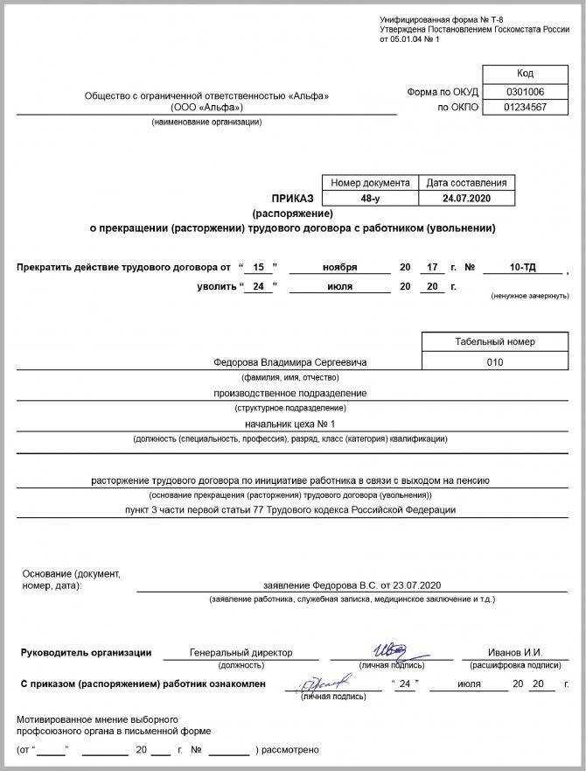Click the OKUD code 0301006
pyautogui.click(x=525, y=91)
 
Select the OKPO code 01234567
pyautogui.click(x=525, y=107)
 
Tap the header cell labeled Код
pyautogui.click(x=525, y=74)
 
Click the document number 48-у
pyautogui.click(x=370, y=199)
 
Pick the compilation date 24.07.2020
pyautogui.click(x=466, y=199)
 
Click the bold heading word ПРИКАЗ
pyautogui.click(x=293, y=200)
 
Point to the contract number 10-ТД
pyautogui.click(x=522, y=266)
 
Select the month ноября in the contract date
pyautogui.click(x=339, y=266)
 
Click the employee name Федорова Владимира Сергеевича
pyautogui.click(x=290, y=361)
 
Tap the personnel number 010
pyautogui.click(x=494, y=361)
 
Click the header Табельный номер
pyautogui.click(x=494, y=341)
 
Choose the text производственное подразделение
pyautogui.click(x=290, y=393)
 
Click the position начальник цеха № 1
pyautogui.click(x=290, y=424)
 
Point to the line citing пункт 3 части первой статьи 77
pyautogui.click(x=290, y=509)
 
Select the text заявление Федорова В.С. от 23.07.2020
pyautogui.click(x=352, y=584)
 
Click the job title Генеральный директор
pyautogui.click(x=241, y=652)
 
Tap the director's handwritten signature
pyautogui.click(x=388, y=649)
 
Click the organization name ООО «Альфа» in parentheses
pyautogui.click(x=206, y=108)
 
